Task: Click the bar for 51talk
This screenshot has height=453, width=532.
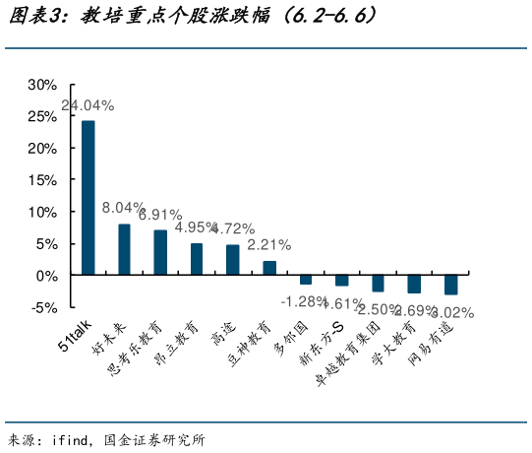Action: (x=89, y=197)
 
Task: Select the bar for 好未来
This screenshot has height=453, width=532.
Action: (x=124, y=249)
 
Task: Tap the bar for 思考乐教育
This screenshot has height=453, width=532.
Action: (x=160, y=252)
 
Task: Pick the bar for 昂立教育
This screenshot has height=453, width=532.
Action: (x=197, y=259)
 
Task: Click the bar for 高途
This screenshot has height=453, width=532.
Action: (x=233, y=260)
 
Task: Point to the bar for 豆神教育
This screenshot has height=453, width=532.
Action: (x=269, y=268)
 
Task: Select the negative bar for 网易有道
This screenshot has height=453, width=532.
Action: (x=450, y=285)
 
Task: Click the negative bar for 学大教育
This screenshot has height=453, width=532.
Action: (x=414, y=284)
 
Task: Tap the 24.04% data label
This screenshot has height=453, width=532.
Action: (x=88, y=104)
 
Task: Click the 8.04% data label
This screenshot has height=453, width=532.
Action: (x=124, y=207)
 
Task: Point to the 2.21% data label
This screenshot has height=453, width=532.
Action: (x=268, y=244)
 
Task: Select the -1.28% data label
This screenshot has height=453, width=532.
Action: (x=304, y=300)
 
